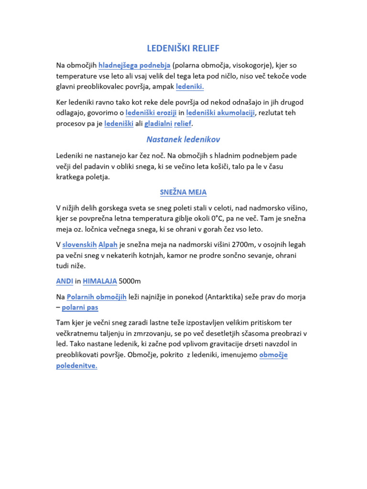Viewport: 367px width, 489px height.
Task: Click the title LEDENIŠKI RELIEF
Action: (x=183, y=48)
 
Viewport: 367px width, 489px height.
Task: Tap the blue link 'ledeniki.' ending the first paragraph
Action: (x=190, y=87)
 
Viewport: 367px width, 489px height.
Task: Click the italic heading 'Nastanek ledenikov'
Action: (x=183, y=139)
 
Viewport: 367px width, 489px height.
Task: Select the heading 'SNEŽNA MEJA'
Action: (x=183, y=192)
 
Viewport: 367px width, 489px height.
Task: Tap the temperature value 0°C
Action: (x=207, y=218)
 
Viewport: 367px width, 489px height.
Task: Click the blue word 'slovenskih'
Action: (x=79, y=244)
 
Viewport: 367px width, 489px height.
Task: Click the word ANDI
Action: (x=65, y=282)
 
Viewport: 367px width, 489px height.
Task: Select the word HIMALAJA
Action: (x=100, y=282)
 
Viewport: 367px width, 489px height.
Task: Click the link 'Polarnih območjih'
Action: (x=97, y=297)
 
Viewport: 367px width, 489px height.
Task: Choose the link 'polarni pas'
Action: (x=80, y=308)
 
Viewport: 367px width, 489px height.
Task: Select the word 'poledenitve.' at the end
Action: (x=76, y=366)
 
